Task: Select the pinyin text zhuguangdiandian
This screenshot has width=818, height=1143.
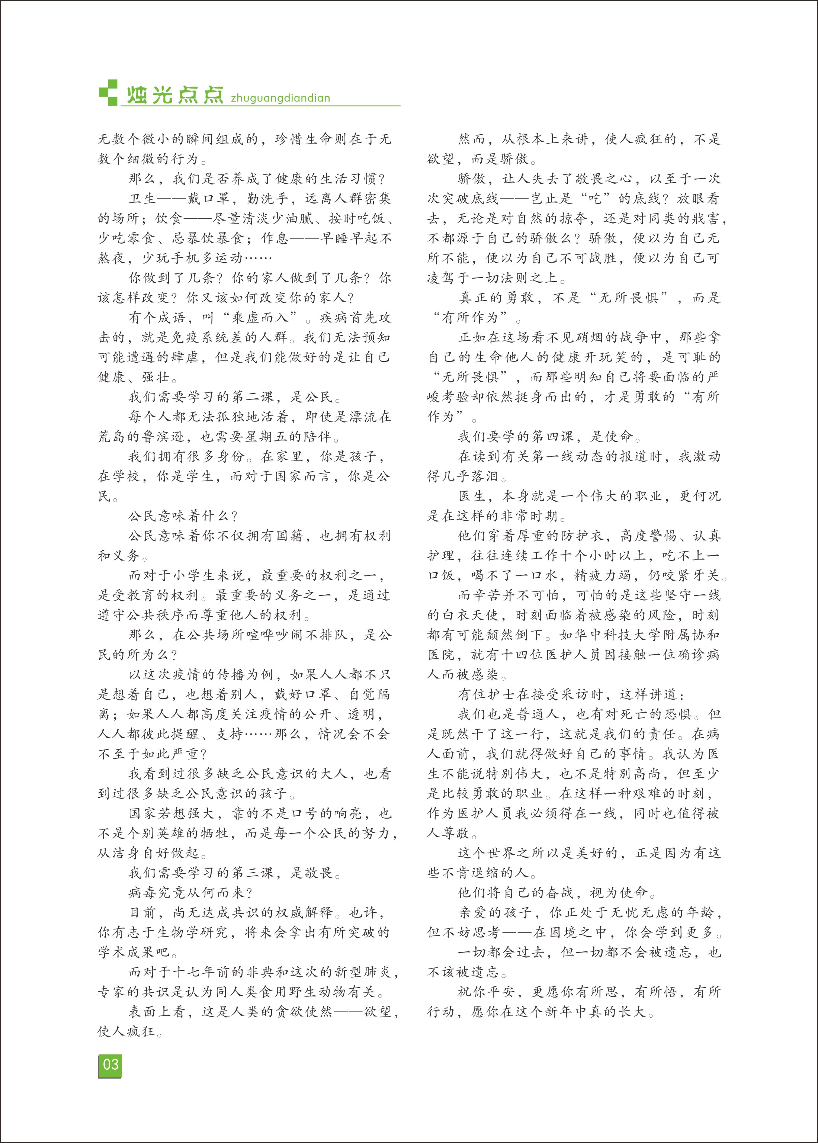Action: (280, 98)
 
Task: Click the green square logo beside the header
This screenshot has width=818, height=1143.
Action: (108, 93)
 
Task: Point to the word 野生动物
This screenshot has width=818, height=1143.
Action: (317, 992)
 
